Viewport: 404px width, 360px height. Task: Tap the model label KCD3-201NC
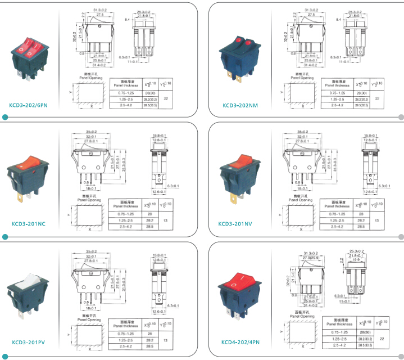click(x=29, y=223)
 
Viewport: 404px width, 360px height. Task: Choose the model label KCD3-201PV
click(x=29, y=342)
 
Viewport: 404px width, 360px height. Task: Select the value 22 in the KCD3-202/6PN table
click(x=166, y=98)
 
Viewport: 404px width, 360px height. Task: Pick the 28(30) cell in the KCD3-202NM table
click(x=361, y=92)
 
